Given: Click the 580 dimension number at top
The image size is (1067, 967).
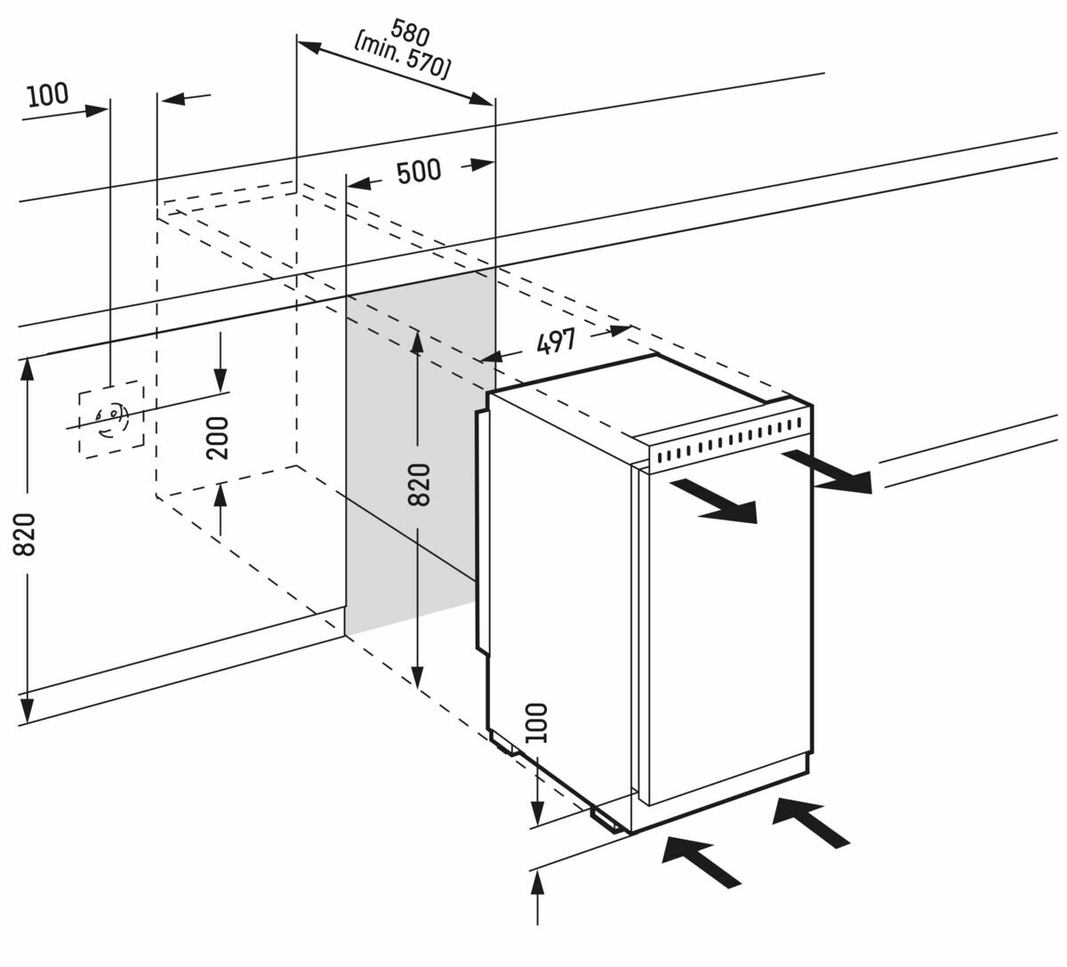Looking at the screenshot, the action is coord(410,32).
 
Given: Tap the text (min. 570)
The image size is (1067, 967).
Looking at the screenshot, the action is coord(402,57).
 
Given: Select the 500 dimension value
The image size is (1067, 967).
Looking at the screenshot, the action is coord(419,172).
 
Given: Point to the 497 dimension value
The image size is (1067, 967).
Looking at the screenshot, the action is coord(556,341).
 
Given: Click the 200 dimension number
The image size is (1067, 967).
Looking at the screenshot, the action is coord(218,438).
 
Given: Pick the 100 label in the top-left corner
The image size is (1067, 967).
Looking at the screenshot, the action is coord(48,94).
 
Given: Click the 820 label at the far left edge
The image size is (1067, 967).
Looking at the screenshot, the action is coord(24,535).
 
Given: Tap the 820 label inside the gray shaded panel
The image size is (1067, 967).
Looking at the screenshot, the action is coord(419,485).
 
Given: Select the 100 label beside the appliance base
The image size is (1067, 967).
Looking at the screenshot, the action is coord(536,722).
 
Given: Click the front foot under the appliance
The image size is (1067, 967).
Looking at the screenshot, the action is coord(606,820).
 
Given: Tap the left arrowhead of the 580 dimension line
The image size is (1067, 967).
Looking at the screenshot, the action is coord(309,47).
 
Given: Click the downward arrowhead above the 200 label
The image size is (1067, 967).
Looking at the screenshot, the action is coord(221,379).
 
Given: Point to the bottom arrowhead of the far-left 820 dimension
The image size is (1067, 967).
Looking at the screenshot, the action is coord(27,711).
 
